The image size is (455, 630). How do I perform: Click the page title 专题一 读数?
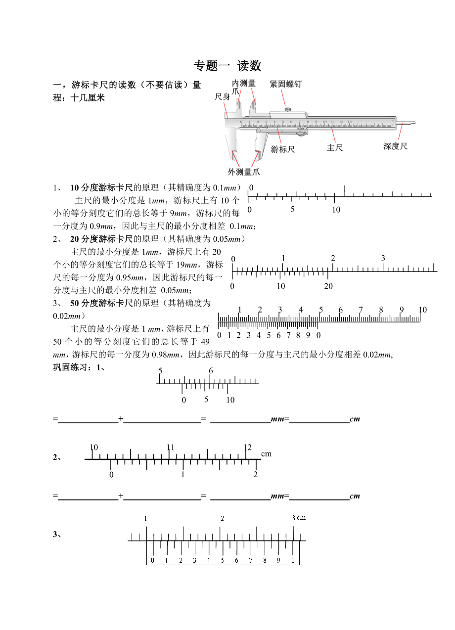[x=227, y=66]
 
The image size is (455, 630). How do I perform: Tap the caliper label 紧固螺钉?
[x=285, y=85]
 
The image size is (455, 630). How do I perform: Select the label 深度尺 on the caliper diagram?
[x=396, y=146]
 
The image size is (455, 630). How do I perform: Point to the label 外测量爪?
[x=244, y=172]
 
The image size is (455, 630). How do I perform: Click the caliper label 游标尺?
[x=283, y=149]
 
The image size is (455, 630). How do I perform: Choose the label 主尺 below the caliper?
[x=335, y=148]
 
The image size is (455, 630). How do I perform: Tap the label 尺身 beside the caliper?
[x=222, y=97]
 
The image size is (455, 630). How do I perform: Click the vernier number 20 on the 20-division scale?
[x=328, y=286]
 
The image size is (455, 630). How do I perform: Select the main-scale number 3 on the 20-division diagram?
[x=383, y=259]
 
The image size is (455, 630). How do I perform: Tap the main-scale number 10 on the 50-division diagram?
[x=422, y=310]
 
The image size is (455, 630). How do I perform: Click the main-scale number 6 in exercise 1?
[x=211, y=371]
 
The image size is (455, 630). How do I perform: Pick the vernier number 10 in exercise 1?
[x=230, y=400]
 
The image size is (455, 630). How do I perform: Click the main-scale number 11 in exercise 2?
[x=171, y=448]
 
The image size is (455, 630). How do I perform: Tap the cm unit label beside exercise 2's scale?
[x=266, y=453]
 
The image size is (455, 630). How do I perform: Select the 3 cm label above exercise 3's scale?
[x=299, y=518]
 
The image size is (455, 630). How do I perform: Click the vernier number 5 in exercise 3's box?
[x=223, y=560]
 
